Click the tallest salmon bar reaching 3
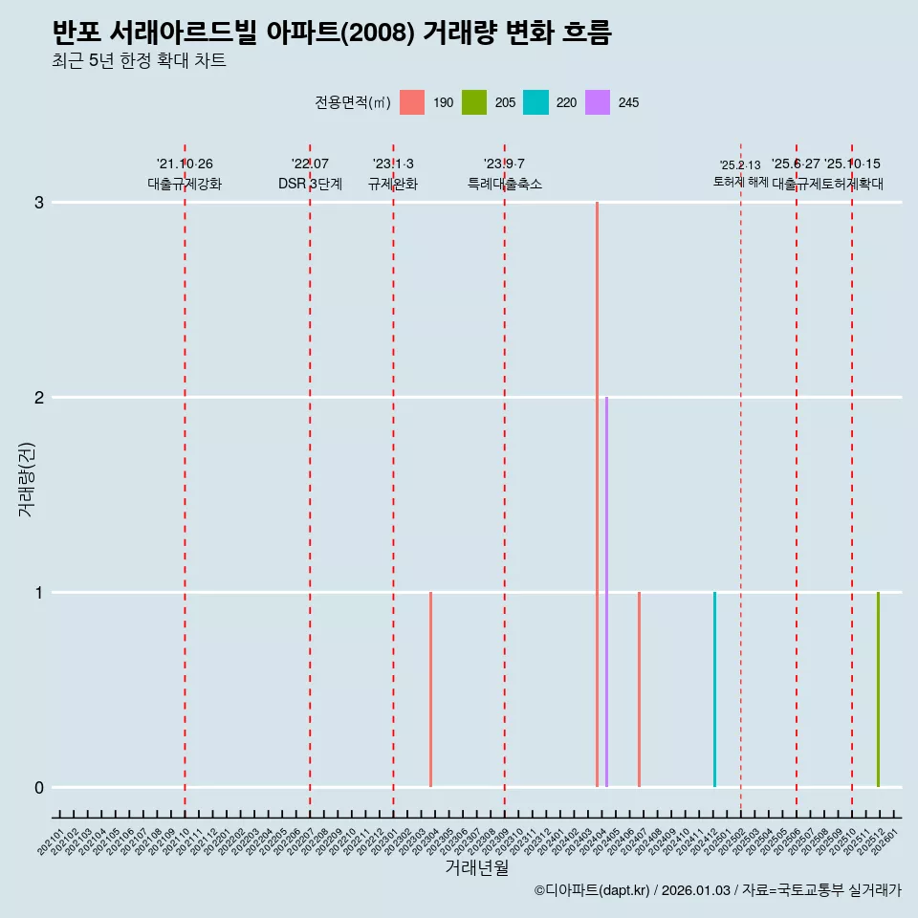pos(597,494)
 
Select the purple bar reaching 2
pos(606,592)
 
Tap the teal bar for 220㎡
pos(714,689)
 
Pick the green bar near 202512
pos(878,689)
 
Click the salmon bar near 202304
pos(430,689)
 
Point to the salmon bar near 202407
pos(639,689)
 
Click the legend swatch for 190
pos(412,102)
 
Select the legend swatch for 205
pos(474,102)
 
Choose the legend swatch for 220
pos(535,102)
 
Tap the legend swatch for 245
pos(598,102)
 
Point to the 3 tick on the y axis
pos(39,203)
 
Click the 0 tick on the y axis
pos(39,788)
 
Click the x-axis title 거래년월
pos(476,867)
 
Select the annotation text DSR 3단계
pos(310,184)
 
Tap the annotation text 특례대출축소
pos(504,184)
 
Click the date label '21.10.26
pos(185,164)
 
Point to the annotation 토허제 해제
pos(740,181)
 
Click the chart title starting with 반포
pos(332,33)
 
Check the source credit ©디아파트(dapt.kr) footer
pos(717,891)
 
